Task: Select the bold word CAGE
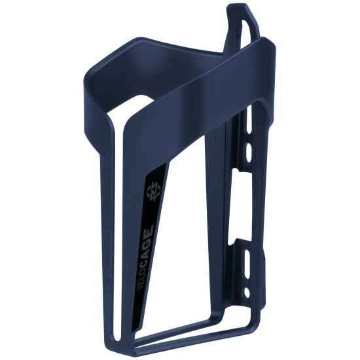tap(148, 238)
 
